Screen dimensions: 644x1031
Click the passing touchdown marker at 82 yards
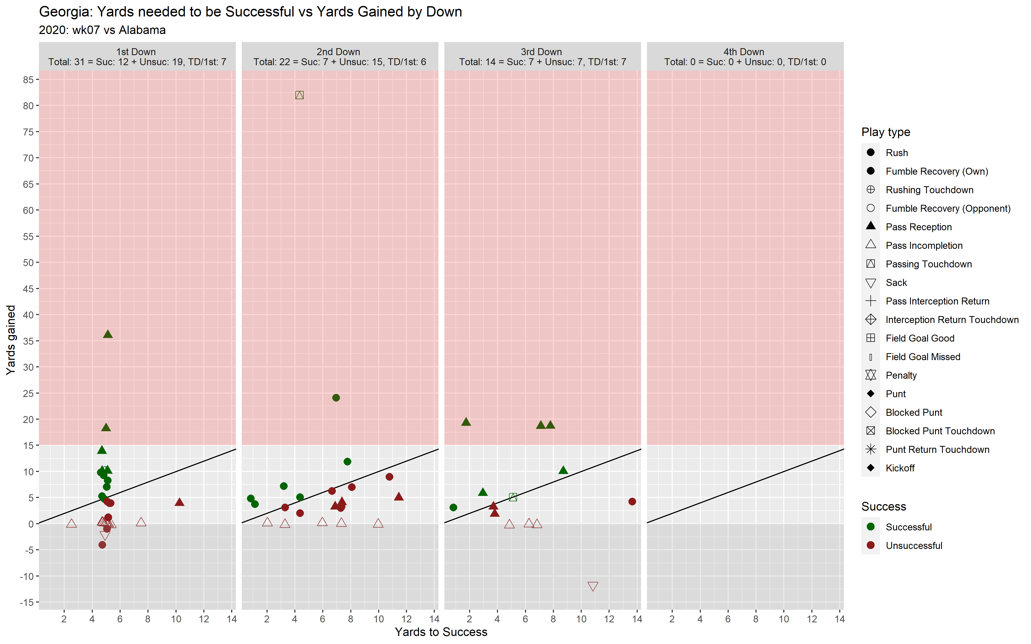[x=300, y=95]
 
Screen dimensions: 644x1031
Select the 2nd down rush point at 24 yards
[x=336, y=398]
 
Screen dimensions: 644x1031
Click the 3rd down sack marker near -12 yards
[x=593, y=587]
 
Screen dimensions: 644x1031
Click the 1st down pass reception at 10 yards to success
[x=179, y=502]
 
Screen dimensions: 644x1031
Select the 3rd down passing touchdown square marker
[x=513, y=497]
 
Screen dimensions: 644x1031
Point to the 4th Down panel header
[x=745, y=57]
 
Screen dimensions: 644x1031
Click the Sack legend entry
[x=896, y=283]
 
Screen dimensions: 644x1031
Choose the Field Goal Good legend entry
[x=919, y=338]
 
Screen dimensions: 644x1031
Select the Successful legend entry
[x=908, y=527]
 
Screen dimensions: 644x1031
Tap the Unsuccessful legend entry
[x=913, y=546]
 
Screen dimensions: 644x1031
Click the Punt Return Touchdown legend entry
[x=937, y=450]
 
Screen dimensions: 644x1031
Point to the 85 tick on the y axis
[x=29, y=80]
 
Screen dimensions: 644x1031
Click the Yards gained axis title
[x=11, y=340]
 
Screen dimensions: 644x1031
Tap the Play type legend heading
[x=885, y=132]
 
